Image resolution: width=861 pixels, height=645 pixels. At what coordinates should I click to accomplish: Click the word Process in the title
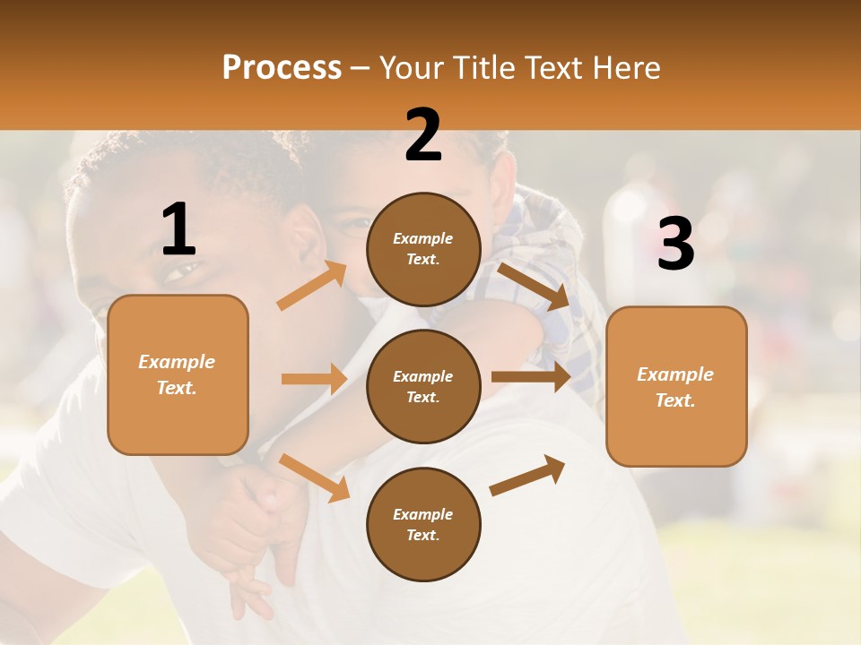point(282,67)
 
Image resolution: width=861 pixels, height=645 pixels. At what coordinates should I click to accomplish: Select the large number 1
point(178,230)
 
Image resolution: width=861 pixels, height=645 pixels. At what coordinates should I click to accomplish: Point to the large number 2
point(423,135)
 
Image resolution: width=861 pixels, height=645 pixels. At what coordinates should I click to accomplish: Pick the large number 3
point(675,244)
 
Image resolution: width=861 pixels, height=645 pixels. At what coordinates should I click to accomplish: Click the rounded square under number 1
point(178,374)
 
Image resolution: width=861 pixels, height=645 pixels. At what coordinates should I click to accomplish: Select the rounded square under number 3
point(675,387)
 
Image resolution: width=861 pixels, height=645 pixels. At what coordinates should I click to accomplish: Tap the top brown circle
point(423,249)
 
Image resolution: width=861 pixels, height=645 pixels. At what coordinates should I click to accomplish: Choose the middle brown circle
point(423,386)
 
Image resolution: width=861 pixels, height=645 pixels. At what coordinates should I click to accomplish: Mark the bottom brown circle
point(423,524)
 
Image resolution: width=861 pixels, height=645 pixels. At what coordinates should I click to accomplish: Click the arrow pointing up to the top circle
point(312,286)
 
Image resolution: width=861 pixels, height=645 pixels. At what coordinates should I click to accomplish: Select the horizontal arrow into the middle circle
point(314,379)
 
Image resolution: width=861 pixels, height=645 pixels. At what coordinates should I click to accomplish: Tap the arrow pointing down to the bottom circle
point(314,477)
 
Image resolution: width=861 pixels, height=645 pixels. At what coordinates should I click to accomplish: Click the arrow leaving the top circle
point(534,286)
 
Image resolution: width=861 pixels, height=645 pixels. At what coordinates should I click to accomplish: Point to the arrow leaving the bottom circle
point(527,476)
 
